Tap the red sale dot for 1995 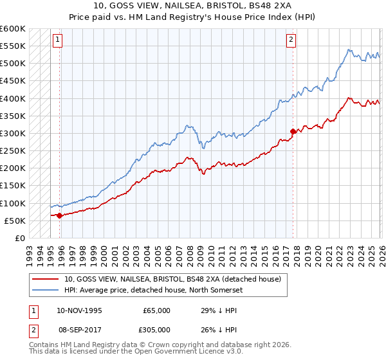click(60, 215)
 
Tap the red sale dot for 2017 click(293, 131)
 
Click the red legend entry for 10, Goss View click(172, 280)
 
